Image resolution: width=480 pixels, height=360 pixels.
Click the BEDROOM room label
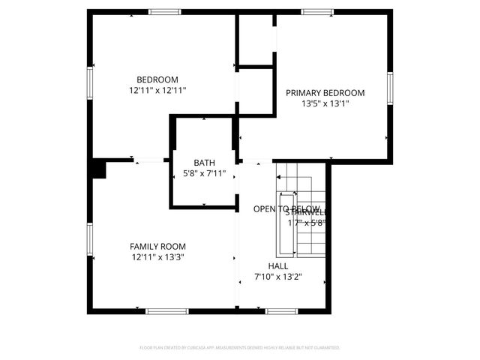(x=157, y=80)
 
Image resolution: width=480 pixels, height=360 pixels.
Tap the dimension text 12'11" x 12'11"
(x=157, y=90)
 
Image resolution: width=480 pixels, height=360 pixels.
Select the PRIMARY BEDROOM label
(x=325, y=93)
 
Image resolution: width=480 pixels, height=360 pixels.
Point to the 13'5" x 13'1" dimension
(x=325, y=103)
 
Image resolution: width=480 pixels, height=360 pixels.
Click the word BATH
(x=204, y=163)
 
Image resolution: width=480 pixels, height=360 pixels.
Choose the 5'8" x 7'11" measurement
(x=204, y=173)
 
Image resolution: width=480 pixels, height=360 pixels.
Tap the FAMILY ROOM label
(x=157, y=246)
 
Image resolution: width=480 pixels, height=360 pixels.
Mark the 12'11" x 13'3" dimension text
(x=157, y=256)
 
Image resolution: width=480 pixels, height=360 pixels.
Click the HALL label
(x=278, y=265)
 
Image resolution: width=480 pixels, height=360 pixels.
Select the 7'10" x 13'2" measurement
(x=278, y=276)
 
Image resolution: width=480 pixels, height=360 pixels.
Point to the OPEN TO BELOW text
(x=286, y=208)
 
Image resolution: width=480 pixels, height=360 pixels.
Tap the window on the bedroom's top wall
(x=164, y=12)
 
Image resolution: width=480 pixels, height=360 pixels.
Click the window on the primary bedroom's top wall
(x=317, y=12)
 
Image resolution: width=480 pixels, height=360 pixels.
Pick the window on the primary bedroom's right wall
(x=390, y=88)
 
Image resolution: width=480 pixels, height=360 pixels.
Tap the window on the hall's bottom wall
(x=281, y=310)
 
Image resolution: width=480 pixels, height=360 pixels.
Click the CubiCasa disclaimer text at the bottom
(x=240, y=348)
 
